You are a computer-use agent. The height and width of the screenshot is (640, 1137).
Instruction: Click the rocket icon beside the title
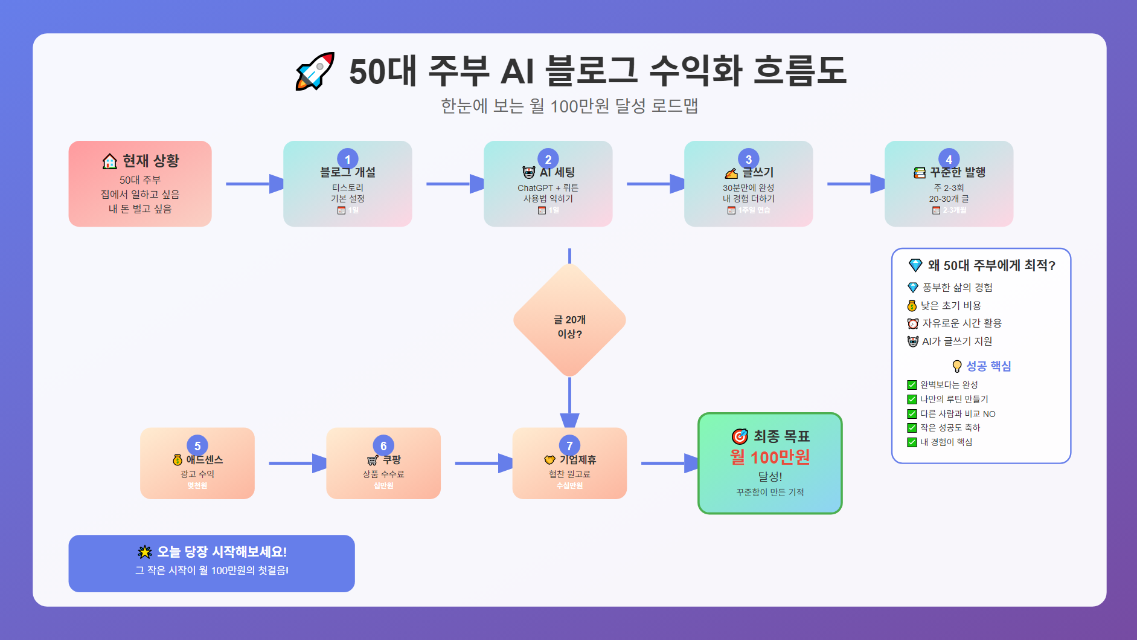315,71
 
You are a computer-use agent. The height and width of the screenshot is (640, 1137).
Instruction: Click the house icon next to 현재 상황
109,161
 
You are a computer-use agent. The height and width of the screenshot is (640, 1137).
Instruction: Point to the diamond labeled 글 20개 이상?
569,320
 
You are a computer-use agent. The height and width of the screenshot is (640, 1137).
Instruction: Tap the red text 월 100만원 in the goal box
770,457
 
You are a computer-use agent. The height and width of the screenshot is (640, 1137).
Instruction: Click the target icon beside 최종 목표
740,436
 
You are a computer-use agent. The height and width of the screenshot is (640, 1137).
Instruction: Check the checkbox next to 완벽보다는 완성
912,385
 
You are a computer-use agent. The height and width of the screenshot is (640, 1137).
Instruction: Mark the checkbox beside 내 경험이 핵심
912,442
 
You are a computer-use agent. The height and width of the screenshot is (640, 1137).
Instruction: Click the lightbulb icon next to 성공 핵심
956,366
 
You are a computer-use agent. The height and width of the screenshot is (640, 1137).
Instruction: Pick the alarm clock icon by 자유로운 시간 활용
913,324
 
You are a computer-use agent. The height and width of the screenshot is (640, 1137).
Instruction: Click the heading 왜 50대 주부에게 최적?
991,265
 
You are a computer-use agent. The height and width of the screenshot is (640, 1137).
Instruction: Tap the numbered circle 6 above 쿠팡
383,446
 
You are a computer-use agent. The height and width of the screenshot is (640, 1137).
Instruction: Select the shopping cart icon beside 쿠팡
373,461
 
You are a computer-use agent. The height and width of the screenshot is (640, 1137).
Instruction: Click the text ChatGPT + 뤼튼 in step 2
548,188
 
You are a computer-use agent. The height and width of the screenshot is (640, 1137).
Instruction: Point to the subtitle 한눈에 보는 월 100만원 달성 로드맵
569,106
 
